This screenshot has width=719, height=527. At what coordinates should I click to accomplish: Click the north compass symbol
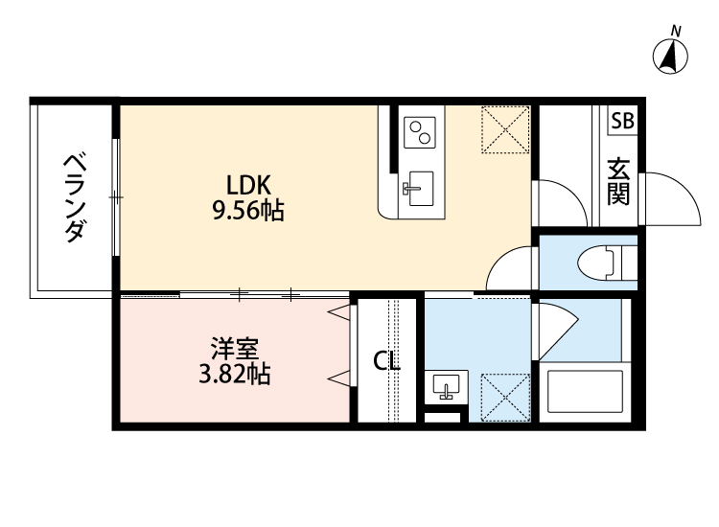(672, 56)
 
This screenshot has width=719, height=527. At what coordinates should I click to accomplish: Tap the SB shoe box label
(622, 121)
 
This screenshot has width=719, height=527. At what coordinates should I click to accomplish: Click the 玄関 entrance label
(618, 181)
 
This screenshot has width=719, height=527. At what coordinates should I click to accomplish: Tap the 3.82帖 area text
(234, 375)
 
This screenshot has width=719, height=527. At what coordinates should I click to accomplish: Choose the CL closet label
(386, 362)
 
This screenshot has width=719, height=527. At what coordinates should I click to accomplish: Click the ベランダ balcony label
(74, 197)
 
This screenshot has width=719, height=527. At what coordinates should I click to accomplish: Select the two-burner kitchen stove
(419, 131)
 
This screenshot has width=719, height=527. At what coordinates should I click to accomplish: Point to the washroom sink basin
(446, 387)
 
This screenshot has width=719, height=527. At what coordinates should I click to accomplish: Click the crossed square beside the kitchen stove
(503, 128)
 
